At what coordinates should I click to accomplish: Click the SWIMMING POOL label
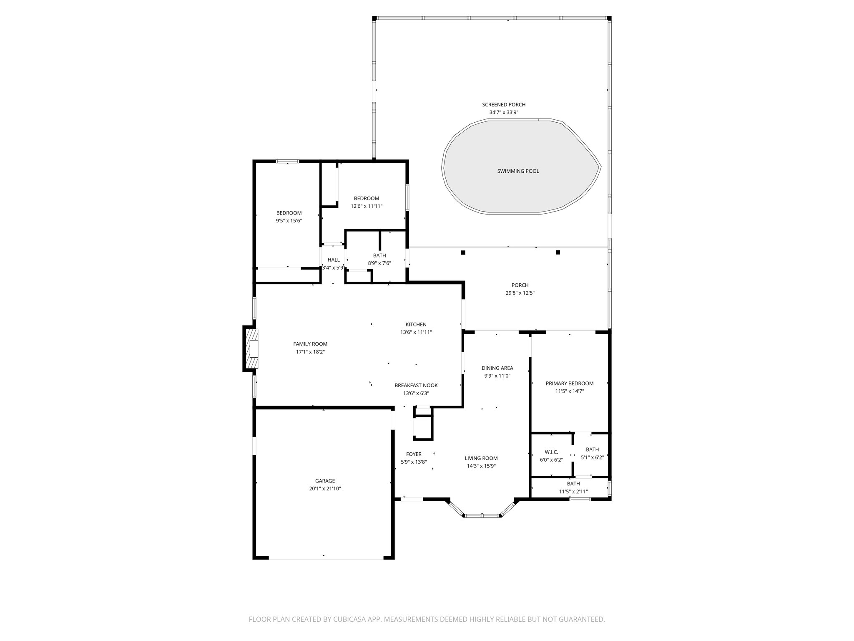(518, 171)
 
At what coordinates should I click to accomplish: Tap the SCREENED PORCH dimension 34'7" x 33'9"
(504, 112)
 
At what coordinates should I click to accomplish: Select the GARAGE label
(325, 481)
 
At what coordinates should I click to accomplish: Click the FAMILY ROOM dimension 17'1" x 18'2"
(310, 352)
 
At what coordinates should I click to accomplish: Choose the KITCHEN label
(416, 324)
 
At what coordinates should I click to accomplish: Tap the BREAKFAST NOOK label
(416, 385)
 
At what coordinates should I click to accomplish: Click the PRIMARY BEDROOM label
(569, 383)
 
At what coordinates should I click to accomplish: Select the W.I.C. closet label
(551, 452)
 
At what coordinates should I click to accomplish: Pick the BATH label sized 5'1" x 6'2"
(592, 449)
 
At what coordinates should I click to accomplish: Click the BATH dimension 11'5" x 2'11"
(573, 492)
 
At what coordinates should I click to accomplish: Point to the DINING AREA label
(497, 368)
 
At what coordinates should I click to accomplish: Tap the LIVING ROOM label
(481, 458)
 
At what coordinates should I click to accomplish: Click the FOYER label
(414, 454)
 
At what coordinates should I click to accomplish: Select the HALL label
(333, 260)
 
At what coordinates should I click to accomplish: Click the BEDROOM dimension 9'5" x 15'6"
(289, 221)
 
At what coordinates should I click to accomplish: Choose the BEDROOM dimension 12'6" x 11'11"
(366, 206)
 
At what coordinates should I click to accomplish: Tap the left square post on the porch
(463, 252)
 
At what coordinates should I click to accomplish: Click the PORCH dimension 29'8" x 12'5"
(520, 293)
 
